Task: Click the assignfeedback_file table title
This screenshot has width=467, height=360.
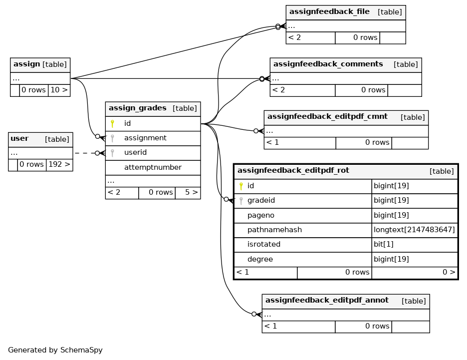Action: coord(329,11)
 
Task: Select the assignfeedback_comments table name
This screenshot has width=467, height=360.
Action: coord(328,64)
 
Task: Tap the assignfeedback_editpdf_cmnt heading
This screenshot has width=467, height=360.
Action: coord(327,116)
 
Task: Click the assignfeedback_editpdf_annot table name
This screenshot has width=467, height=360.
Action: coord(327,300)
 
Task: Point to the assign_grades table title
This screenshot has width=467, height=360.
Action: coord(137,108)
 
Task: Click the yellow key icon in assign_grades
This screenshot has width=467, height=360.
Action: coord(112,124)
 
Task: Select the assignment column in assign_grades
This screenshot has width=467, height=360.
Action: coord(145,138)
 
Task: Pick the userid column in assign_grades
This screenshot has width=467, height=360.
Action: coord(136,153)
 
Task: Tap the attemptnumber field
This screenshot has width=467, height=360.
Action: coord(153,167)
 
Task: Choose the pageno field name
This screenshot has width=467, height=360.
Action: coord(261,216)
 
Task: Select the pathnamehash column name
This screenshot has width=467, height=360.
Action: coord(274,230)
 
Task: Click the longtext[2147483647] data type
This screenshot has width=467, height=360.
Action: coord(414,230)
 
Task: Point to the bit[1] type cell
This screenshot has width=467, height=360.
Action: coord(384,244)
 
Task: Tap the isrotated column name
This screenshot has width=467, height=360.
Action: coord(264,244)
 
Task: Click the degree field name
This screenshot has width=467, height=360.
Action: coord(260,259)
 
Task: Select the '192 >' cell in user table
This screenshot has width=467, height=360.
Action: coord(59,164)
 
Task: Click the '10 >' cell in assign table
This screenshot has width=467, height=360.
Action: coord(59,90)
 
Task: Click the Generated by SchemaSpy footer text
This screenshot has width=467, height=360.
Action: coord(55,350)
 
